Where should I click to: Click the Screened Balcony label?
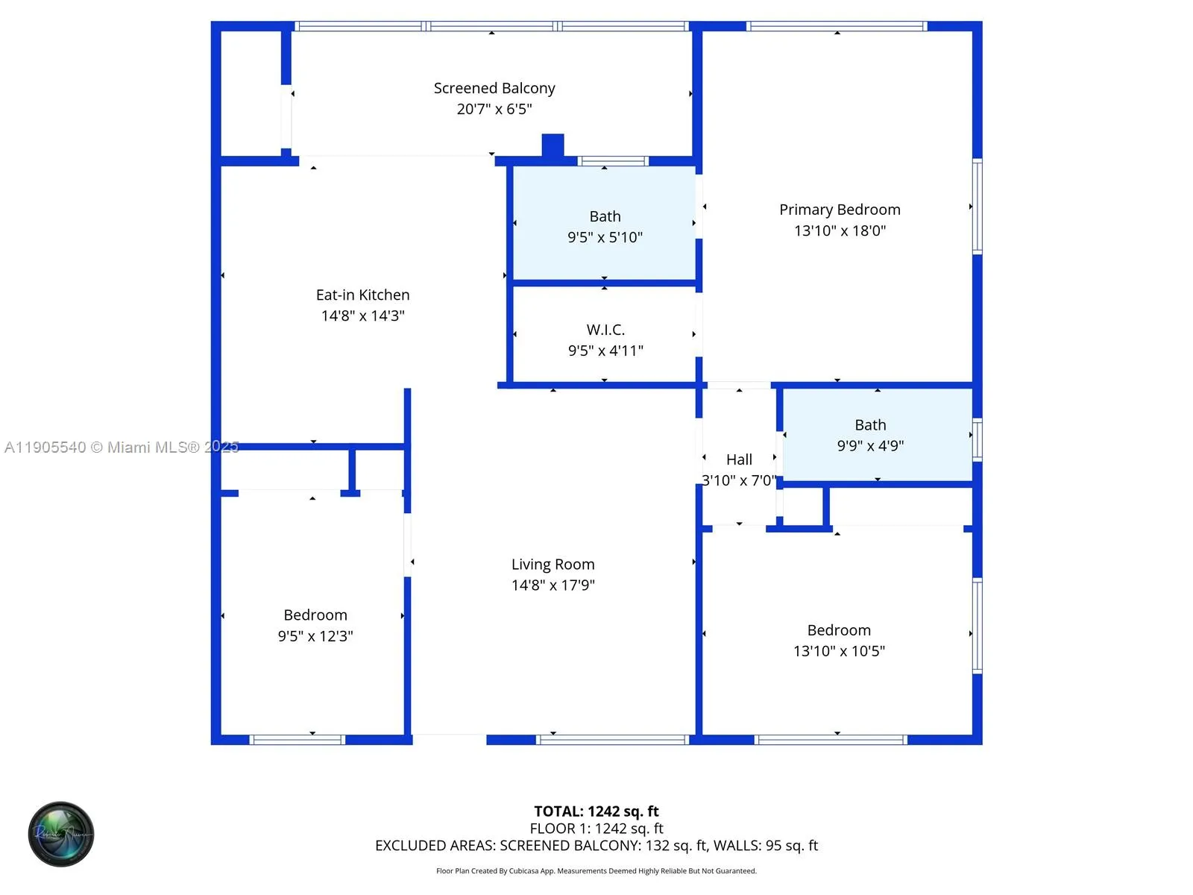494,88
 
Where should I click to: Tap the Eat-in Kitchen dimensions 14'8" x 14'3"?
362,315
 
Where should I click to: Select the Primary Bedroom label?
840,210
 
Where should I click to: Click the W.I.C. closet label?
605,330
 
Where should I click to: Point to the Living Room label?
553,565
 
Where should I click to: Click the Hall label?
739,459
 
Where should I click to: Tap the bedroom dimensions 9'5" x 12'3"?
315,636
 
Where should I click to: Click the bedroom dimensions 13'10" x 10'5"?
839,651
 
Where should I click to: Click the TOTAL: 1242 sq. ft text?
596,811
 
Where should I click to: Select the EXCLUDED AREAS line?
596,846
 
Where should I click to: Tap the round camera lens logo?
61,834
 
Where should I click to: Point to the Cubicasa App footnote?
596,871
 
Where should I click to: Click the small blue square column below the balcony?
553,145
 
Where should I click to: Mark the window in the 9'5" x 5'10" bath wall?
614,161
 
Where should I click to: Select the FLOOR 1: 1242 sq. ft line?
596,829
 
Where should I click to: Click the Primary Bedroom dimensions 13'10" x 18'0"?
840,230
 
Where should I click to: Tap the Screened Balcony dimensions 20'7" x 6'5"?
494,109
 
